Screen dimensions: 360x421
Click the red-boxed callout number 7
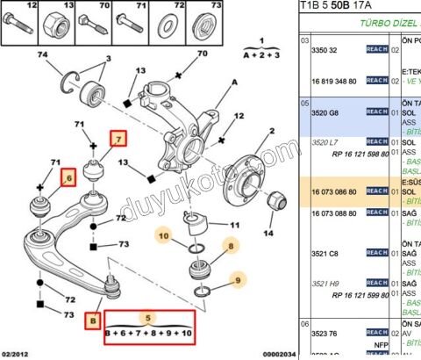click(x=118, y=137)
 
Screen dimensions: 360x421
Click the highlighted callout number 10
click(x=164, y=234)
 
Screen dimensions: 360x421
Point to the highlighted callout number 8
click(x=231, y=248)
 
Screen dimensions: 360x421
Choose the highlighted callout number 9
click(x=236, y=282)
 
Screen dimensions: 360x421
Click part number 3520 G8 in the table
click(x=326, y=112)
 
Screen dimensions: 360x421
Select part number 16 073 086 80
click(x=335, y=191)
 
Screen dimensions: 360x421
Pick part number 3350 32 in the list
click(x=325, y=51)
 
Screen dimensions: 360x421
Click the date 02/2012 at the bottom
click(x=18, y=354)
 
